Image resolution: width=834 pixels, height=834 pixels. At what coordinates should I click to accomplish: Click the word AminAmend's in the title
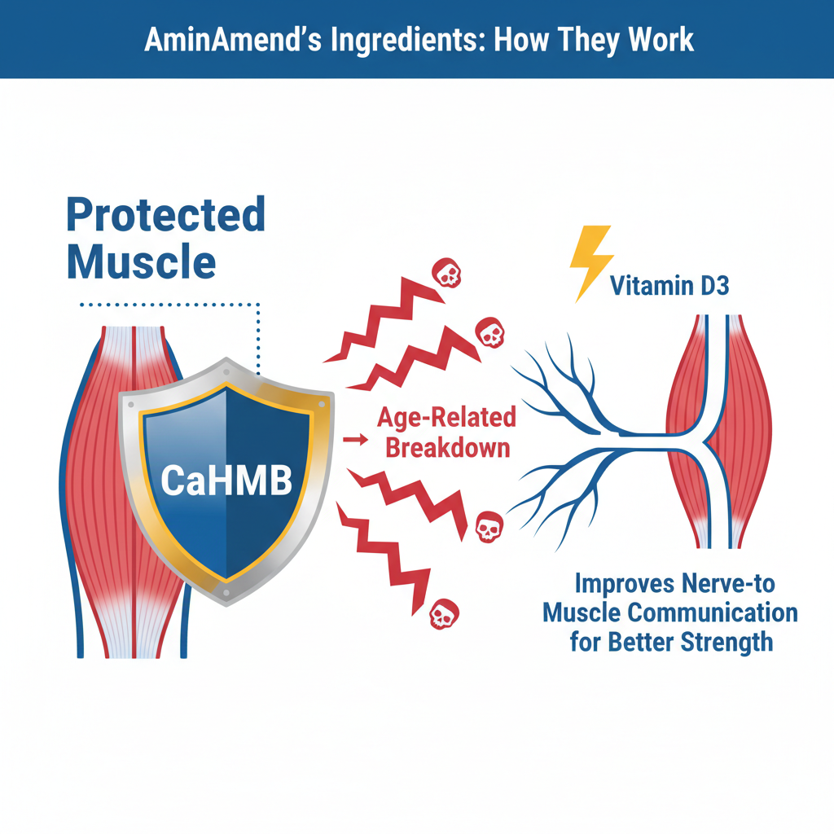pyautogui.click(x=233, y=39)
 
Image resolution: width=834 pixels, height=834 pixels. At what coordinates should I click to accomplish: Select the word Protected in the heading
pyautogui.click(x=166, y=215)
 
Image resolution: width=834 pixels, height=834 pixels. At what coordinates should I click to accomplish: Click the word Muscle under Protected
pyautogui.click(x=142, y=261)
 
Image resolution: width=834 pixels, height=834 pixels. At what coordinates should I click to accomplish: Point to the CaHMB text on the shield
pyautogui.click(x=226, y=481)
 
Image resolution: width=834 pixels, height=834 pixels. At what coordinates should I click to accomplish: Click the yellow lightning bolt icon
pyautogui.click(x=591, y=264)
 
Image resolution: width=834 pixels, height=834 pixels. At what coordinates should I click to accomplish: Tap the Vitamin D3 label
pyautogui.click(x=669, y=286)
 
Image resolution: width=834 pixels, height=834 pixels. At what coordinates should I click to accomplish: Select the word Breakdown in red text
pyautogui.click(x=448, y=448)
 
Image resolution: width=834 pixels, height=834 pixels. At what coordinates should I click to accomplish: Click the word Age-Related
pyautogui.click(x=447, y=418)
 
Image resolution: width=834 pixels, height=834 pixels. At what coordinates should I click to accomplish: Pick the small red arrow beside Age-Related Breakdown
pyautogui.click(x=355, y=439)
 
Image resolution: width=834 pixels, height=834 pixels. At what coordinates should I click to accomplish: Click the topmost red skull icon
pyautogui.click(x=446, y=273)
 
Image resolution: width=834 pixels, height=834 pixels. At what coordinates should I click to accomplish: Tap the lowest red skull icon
pyautogui.click(x=444, y=614)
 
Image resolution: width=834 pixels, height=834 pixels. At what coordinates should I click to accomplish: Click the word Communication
pyautogui.click(x=713, y=612)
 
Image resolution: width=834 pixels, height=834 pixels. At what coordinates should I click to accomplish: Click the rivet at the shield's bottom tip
pyautogui.click(x=226, y=593)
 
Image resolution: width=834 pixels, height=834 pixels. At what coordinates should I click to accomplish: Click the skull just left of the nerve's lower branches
pyautogui.click(x=489, y=527)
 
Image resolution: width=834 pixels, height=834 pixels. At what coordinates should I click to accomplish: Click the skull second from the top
pyautogui.click(x=489, y=332)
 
